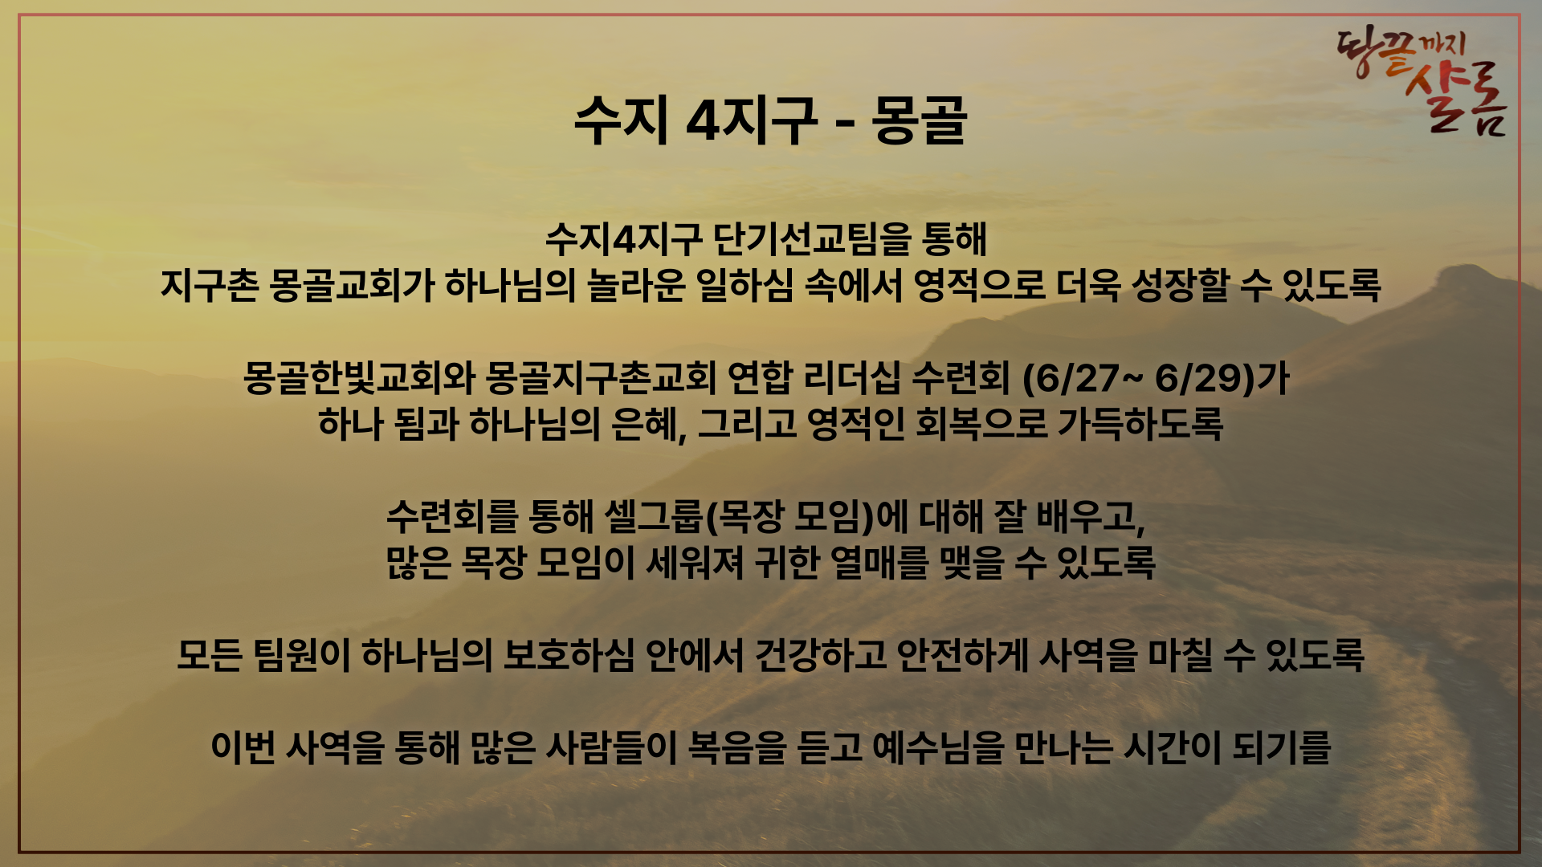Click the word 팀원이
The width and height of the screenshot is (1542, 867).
(x=302, y=655)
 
